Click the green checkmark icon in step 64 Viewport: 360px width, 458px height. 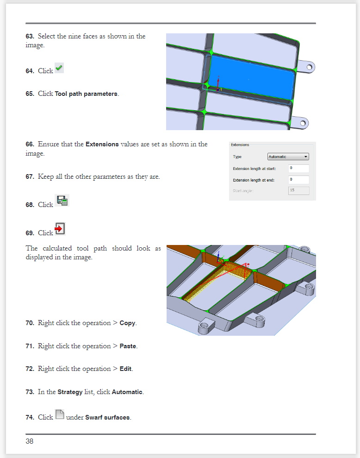59,69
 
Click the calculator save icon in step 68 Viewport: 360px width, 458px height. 62,201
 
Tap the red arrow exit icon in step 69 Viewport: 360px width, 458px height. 60,229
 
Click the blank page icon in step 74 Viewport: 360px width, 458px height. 59,414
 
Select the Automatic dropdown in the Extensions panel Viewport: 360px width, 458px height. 288,157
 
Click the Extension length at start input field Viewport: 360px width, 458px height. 298,168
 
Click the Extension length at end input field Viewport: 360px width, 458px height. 298,180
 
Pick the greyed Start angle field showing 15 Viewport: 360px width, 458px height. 298,190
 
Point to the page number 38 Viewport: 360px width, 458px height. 30,441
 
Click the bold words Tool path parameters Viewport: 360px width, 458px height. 86,94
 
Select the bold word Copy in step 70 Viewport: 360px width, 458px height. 127,323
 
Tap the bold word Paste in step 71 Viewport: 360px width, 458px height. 128,346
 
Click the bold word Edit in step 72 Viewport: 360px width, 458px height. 126,369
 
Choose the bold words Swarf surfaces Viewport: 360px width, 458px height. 108,418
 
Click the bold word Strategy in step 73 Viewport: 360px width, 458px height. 70,392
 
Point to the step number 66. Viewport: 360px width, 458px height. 30,144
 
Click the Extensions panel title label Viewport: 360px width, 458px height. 240,145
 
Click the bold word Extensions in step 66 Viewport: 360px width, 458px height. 102,144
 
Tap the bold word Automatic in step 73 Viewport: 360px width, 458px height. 127,392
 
